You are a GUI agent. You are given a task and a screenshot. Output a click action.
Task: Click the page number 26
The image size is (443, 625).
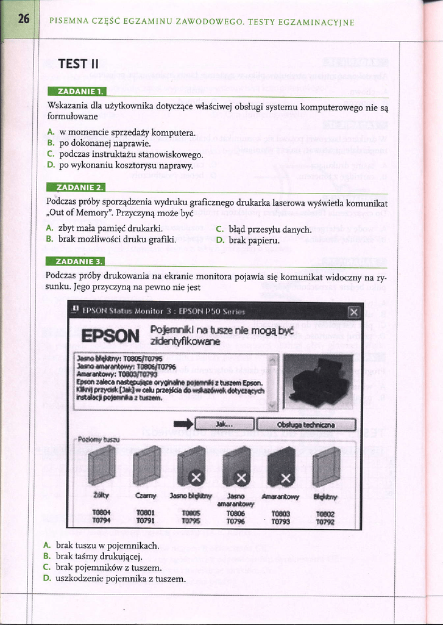click(23, 18)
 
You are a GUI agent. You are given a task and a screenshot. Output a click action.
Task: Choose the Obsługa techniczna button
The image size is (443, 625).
click(307, 424)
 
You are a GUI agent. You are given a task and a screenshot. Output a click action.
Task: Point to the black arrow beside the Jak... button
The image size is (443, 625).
click(183, 424)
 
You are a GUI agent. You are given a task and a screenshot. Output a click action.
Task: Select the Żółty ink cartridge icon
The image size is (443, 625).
click(101, 465)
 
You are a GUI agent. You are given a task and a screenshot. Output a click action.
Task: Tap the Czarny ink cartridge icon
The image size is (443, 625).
click(146, 465)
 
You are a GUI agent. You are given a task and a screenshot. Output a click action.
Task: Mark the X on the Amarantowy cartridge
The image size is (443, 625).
click(286, 477)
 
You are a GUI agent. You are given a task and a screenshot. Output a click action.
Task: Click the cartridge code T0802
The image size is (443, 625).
click(325, 514)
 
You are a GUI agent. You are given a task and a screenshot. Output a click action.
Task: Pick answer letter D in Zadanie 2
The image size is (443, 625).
click(220, 240)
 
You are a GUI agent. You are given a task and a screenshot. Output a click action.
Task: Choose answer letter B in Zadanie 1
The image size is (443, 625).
click(51, 143)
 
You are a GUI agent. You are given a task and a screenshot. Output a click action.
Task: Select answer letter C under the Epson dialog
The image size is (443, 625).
click(46, 567)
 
